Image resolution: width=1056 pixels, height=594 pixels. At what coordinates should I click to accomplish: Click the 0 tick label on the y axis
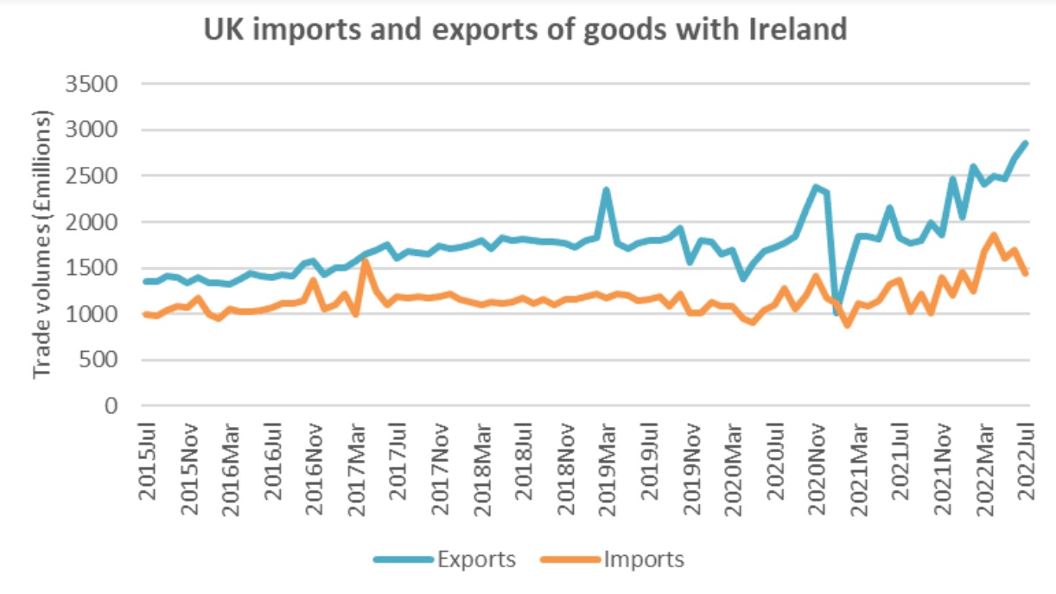tap(111, 406)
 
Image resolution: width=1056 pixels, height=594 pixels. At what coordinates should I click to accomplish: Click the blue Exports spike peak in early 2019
tap(607, 189)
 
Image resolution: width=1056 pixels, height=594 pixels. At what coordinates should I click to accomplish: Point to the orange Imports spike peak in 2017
tap(366, 261)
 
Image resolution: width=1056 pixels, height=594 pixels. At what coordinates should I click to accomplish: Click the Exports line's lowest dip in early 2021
tap(837, 312)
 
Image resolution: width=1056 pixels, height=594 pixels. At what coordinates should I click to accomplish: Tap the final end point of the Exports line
tap(1025, 144)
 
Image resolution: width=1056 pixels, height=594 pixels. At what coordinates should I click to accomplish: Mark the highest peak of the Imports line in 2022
tap(994, 235)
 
